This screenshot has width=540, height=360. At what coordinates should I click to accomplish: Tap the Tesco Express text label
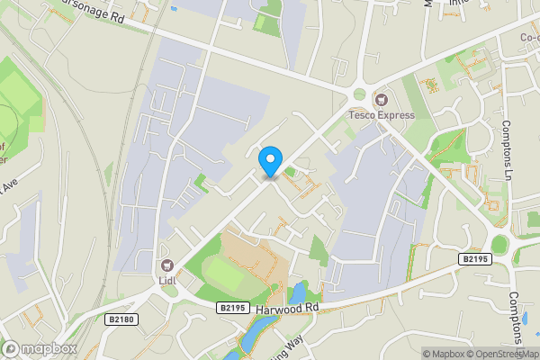pos(382,115)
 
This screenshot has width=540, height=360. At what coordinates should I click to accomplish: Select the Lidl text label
pos(166,280)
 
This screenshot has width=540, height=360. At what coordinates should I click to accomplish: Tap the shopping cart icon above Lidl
pos(166,265)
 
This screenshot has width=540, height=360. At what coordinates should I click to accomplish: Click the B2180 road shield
pos(121,319)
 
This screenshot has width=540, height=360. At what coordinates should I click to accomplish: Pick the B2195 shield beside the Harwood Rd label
pos(232,307)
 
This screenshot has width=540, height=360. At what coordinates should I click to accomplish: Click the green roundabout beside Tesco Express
pos(360,94)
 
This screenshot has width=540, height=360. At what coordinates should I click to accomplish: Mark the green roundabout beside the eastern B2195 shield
pos(499,244)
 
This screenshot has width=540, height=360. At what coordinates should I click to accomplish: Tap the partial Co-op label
pos(526,38)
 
